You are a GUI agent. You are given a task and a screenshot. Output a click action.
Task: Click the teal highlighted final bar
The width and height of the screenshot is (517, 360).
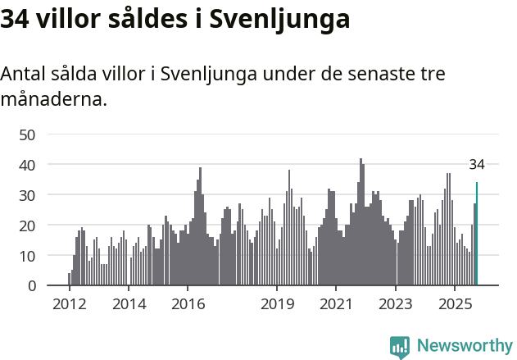[x=477, y=235]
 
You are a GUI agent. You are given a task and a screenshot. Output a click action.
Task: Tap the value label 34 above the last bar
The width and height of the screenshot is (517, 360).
[x=477, y=165]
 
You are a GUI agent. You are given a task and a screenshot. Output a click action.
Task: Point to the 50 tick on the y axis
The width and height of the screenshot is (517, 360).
[x=27, y=134]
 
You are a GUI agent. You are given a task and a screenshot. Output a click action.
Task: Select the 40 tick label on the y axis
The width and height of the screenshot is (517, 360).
[x=27, y=165]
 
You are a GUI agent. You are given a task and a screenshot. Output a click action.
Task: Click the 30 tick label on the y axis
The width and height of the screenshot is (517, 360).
[x=27, y=195]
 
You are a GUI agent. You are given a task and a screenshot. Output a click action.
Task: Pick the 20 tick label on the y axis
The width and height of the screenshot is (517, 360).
[x=27, y=226]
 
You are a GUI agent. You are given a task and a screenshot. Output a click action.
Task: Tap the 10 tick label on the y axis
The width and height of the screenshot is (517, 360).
[x=27, y=256]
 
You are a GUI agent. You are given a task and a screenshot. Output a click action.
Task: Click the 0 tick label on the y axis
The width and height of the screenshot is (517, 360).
[x=31, y=286]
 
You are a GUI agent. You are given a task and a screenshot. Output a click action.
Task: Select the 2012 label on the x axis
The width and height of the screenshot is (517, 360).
[x=69, y=304]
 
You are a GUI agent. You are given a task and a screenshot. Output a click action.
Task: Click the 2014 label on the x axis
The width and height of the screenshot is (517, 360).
[x=129, y=304]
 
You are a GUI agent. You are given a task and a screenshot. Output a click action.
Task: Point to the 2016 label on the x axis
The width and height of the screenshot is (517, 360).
[x=188, y=304]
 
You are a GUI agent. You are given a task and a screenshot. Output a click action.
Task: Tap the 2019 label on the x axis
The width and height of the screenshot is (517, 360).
[x=277, y=304]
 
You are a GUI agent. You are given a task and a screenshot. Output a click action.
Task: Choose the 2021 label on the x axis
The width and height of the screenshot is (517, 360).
[x=336, y=304]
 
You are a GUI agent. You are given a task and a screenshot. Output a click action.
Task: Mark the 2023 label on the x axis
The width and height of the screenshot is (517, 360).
[x=396, y=304]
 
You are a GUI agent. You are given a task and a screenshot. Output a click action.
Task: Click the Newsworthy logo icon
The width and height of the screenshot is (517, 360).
[x=400, y=347]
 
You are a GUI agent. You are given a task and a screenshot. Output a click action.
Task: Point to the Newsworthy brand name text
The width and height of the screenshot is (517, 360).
[x=464, y=346]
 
